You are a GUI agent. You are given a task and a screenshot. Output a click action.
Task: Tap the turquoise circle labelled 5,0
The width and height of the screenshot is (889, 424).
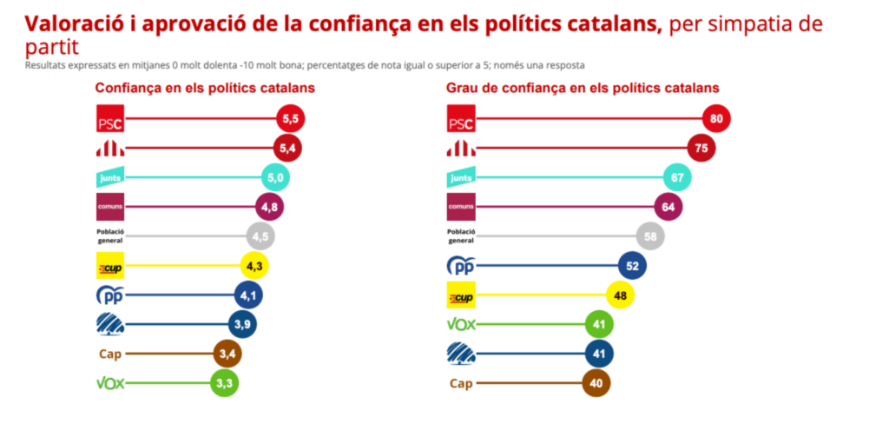point(277,177)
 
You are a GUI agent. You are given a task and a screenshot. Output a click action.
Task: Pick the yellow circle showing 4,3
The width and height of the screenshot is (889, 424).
point(254,266)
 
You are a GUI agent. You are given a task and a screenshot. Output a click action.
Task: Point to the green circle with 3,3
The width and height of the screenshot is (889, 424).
point(225,383)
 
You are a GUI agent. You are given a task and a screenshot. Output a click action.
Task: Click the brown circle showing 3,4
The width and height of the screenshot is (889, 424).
point(228,354)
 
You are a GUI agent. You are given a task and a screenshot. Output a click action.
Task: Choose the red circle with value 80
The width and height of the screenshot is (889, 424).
point(716,118)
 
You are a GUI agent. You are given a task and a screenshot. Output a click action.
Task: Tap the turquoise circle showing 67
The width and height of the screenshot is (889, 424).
point(677,177)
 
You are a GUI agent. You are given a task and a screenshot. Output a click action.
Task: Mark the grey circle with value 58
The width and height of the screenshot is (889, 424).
point(651,236)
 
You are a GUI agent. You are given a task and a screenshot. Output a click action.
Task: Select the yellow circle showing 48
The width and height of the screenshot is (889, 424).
point(620,295)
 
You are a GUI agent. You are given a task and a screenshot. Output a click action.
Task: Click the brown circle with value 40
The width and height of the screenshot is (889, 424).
point(596,383)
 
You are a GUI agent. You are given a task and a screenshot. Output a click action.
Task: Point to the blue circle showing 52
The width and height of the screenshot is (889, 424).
point(632,266)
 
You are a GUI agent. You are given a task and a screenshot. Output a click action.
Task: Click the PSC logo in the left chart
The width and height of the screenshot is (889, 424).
point(110,118)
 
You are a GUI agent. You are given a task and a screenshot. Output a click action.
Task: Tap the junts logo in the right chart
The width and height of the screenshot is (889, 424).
point(460,177)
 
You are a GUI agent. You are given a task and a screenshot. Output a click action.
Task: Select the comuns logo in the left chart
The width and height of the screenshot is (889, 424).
point(110,207)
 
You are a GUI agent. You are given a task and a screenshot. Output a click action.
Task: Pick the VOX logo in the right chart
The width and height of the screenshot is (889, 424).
point(460,325)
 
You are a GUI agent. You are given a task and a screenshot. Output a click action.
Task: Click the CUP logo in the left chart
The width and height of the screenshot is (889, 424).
point(110,266)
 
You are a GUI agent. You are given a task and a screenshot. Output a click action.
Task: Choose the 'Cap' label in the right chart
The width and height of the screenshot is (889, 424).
point(460,383)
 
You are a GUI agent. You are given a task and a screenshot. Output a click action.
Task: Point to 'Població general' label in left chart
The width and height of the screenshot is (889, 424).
point(110,236)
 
